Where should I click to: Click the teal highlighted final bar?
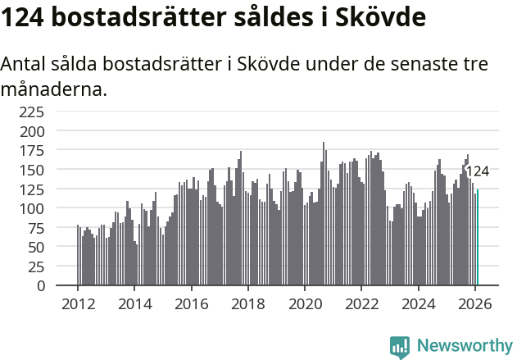tap(478, 238)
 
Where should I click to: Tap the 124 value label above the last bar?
tap(477, 171)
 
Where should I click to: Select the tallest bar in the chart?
tap(323, 214)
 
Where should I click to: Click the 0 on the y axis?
tap(51, 286)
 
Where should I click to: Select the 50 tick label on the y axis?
tap(47, 248)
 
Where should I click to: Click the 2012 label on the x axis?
tap(78, 303)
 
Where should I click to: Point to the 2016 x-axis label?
tap(191, 303)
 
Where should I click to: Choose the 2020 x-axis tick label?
tap(305, 303)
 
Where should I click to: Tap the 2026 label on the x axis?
tap(475, 303)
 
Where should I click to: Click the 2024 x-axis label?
tap(419, 303)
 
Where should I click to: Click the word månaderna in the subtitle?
tap(54, 89)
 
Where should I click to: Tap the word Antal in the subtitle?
tap(27, 64)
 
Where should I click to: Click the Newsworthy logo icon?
tap(400, 347)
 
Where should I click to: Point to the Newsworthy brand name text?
tap(464, 346)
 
